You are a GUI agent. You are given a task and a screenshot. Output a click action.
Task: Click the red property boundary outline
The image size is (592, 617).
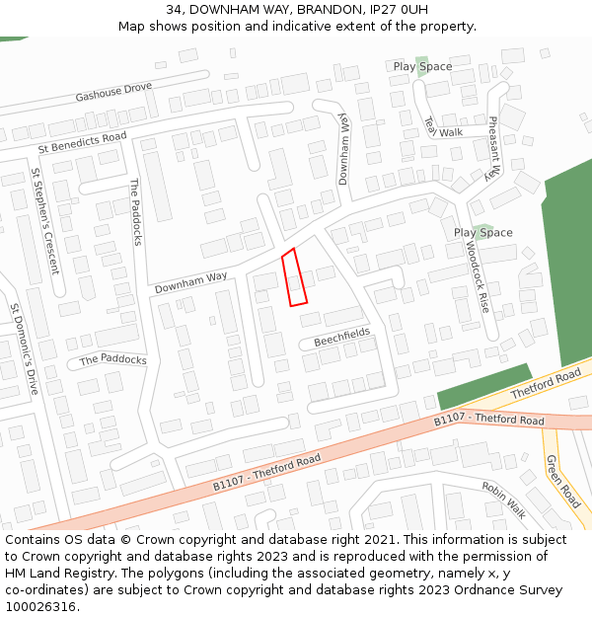(294, 277)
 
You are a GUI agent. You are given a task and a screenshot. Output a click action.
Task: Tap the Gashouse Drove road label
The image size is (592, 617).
(113, 93)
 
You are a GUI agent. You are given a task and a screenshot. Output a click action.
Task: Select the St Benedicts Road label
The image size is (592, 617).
(83, 142)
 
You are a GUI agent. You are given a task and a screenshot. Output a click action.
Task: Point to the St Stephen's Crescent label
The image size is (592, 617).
(44, 221)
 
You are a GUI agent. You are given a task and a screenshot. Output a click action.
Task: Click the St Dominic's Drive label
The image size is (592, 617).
(24, 348)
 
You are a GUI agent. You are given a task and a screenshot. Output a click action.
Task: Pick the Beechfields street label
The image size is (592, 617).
(342, 337)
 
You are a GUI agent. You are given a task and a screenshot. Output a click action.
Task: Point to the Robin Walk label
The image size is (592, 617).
(504, 500)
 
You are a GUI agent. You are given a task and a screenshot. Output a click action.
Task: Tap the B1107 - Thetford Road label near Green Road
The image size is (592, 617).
(489, 421)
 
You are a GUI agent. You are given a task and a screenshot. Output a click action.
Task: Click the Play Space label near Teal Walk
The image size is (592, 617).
(422, 67)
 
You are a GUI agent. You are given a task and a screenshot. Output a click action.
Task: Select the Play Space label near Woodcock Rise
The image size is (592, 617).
(483, 233)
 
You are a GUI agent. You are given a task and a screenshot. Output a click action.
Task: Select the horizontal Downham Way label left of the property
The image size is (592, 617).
(190, 282)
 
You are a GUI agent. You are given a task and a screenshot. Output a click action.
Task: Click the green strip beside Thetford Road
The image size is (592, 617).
(484, 386)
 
